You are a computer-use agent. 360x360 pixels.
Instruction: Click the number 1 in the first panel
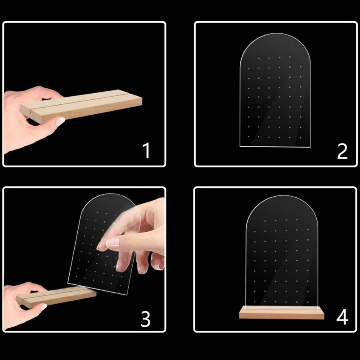click(x=147, y=150)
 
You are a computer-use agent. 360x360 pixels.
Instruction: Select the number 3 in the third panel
click(x=145, y=319)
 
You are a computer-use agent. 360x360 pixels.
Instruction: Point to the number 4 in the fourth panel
click(x=342, y=317)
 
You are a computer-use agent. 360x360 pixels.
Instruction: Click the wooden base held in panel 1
click(x=81, y=106)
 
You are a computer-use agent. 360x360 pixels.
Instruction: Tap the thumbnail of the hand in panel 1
click(x=60, y=121)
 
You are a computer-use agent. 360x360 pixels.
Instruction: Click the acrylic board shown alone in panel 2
click(x=275, y=90)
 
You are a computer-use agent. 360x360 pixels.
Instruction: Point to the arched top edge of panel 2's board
click(x=275, y=33)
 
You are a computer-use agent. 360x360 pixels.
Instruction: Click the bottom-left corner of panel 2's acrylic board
click(x=240, y=146)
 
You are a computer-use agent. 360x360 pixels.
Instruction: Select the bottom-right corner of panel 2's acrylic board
click(x=310, y=147)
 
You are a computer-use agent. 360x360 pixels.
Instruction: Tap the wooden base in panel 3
click(x=56, y=297)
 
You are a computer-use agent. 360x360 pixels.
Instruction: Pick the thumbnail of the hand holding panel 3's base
click(x=43, y=307)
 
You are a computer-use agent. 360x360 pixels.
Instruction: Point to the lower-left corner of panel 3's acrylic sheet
click(x=68, y=283)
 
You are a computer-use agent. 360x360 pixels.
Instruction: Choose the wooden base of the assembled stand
click(x=282, y=312)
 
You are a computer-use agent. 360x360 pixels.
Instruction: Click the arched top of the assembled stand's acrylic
click(x=282, y=196)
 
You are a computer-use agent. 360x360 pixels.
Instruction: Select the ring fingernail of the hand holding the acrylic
click(x=157, y=266)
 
